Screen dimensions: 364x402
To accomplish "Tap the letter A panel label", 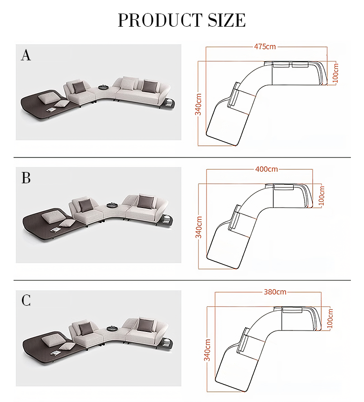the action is (x=26, y=55).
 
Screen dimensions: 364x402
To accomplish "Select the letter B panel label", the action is (x=26, y=178).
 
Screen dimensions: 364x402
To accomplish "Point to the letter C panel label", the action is (x=26, y=300).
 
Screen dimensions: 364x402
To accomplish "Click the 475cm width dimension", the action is (x=265, y=47).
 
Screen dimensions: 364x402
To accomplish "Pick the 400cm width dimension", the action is (x=267, y=169).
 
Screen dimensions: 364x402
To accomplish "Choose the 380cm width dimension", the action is (x=275, y=292).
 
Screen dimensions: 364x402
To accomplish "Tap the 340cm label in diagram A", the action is (x=198, y=104).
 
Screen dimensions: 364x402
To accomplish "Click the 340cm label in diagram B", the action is (x=198, y=227).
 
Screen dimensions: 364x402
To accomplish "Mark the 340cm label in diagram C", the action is (x=207, y=350).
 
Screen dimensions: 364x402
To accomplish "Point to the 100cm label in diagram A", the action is (x=335, y=73).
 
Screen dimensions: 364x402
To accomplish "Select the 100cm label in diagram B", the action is (x=321, y=196).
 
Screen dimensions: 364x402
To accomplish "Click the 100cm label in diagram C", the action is (x=330, y=318).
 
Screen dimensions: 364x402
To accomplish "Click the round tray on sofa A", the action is (x=104, y=87).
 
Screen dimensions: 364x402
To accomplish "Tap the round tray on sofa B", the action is (x=112, y=205).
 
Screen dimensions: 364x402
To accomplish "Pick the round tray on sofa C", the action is (x=112, y=328).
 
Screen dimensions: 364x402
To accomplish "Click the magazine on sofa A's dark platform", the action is (x=51, y=110).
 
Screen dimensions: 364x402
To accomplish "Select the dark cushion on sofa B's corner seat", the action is (x=85, y=205).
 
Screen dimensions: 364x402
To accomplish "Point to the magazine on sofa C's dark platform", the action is (x=56, y=353).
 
